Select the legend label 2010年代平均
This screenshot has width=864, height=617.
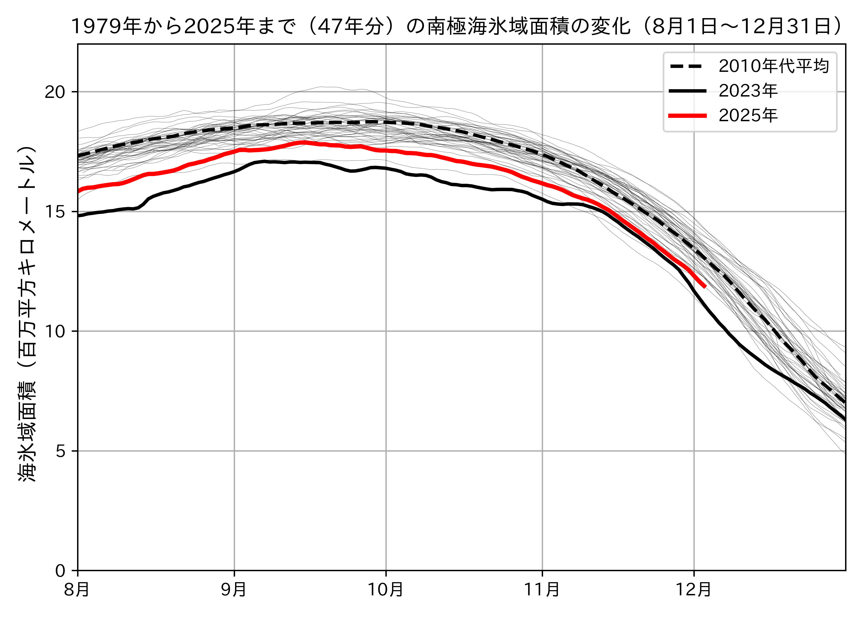click(773, 66)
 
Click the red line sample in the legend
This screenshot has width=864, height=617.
click(687, 115)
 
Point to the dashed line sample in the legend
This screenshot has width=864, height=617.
click(687, 66)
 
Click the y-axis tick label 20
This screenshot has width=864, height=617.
click(55, 92)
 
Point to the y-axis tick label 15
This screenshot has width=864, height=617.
click(55, 212)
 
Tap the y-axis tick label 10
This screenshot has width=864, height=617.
click(55, 331)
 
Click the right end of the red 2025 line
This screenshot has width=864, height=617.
click(705, 287)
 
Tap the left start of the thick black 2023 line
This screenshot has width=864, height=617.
click(79, 216)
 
